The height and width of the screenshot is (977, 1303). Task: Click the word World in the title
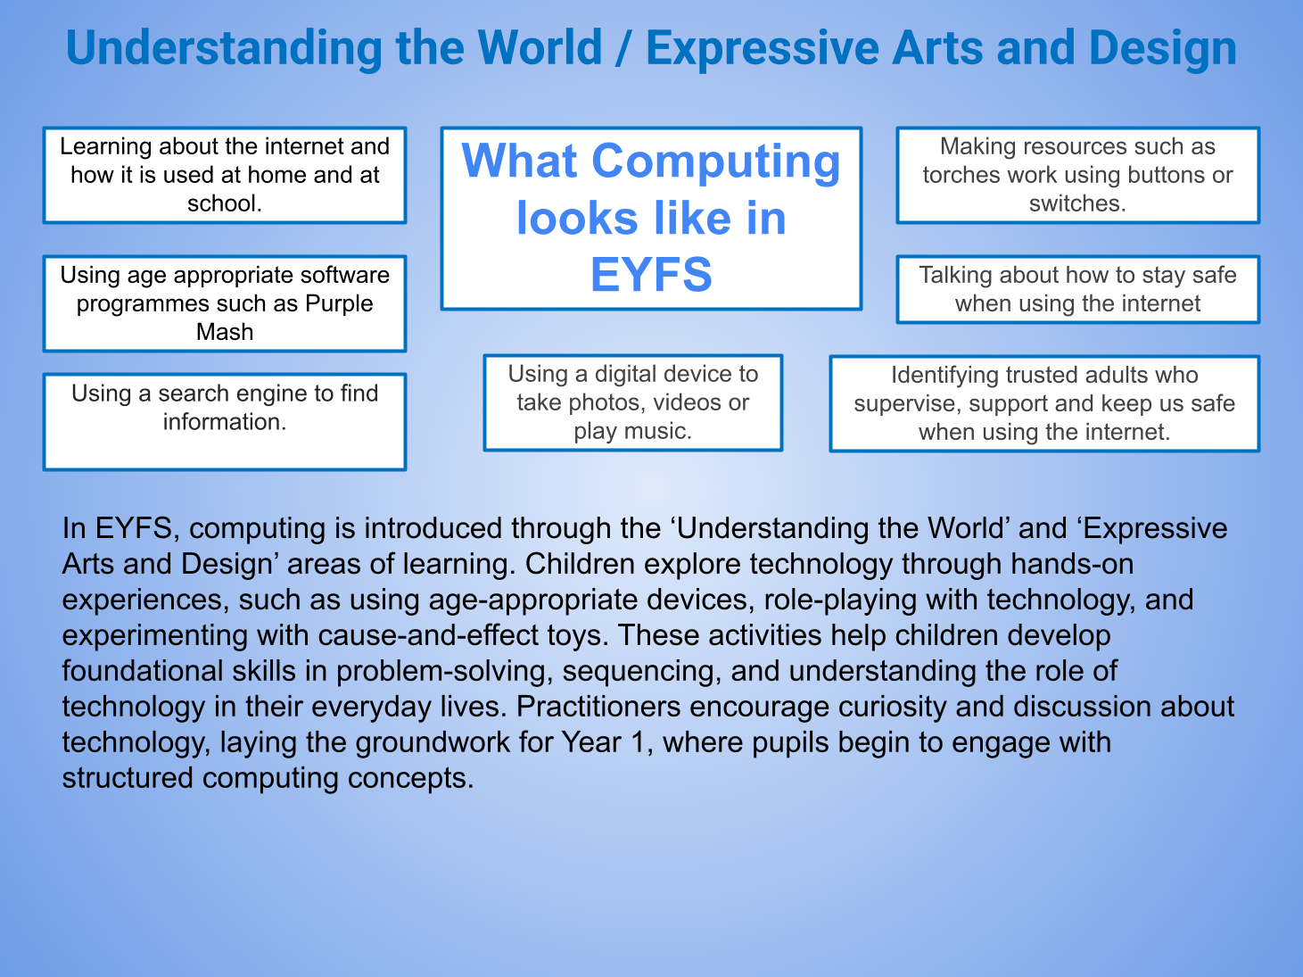(540, 47)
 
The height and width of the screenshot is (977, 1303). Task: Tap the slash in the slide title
(624, 49)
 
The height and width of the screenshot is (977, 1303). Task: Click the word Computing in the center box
(716, 162)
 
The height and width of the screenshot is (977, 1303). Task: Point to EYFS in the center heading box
(651, 275)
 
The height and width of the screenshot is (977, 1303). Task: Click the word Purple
(339, 303)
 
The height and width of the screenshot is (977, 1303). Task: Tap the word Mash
(225, 331)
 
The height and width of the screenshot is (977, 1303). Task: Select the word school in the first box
(223, 203)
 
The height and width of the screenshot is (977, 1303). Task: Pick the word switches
(1076, 203)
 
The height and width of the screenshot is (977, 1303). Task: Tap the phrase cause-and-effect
(428, 635)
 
